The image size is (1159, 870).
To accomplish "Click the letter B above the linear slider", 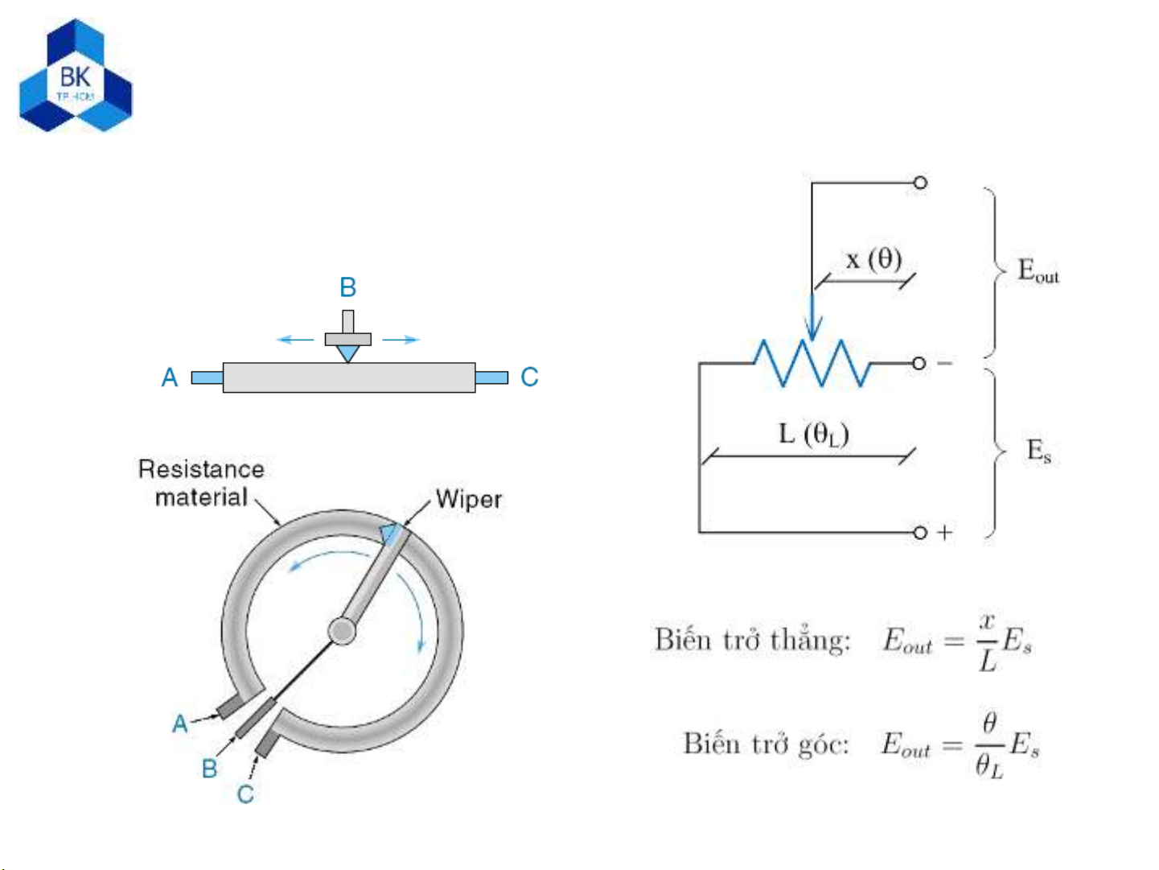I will pyautogui.click(x=347, y=287).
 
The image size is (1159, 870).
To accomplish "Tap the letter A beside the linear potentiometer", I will pyautogui.click(x=170, y=377).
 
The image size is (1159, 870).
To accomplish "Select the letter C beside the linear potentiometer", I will pyautogui.click(x=529, y=377).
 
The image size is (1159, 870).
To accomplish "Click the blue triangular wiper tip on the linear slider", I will pyautogui.click(x=347, y=353).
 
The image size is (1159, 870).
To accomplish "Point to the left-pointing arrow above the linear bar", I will pyautogui.click(x=294, y=340).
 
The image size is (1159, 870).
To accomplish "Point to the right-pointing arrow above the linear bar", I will pyautogui.click(x=401, y=340).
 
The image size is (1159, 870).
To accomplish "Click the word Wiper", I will pyautogui.click(x=468, y=499).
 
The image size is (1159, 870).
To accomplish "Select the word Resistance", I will pyautogui.click(x=201, y=469).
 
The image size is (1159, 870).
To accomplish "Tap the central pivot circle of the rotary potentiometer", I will pyautogui.click(x=343, y=631).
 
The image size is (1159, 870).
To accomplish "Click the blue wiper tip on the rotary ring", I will pyautogui.click(x=390, y=533).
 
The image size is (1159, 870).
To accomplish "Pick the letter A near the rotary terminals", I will pyautogui.click(x=180, y=724).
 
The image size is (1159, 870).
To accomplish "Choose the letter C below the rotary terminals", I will pyautogui.click(x=245, y=794).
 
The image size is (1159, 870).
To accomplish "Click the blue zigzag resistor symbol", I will pyautogui.click(x=812, y=363).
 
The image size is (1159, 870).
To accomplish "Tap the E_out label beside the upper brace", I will pyautogui.click(x=1038, y=271).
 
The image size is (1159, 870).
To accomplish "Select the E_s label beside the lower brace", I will pyautogui.click(x=1038, y=451).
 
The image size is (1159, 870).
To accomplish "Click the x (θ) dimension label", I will pyautogui.click(x=873, y=259).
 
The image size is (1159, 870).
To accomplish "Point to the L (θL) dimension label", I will pyautogui.click(x=813, y=435).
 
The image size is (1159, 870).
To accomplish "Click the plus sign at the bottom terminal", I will pyautogui.click(x=944, y=532).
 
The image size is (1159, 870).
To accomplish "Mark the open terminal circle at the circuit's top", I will pyautogui.click(x=920, y=183).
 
